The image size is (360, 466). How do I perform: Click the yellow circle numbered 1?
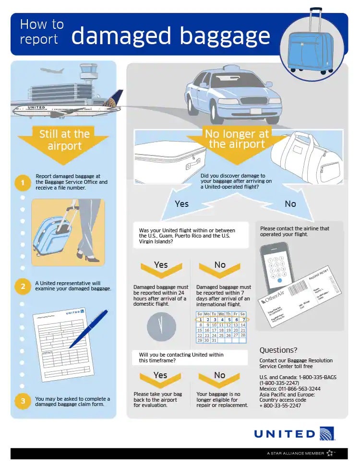click(x=22, y=183)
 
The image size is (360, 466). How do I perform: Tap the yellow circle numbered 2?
click(x=22, y=287)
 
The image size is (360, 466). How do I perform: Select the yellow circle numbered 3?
click(x=22, y=402)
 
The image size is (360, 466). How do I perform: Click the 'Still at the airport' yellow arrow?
click(x=64, y=140)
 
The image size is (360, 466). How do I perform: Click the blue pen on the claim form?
click(x=89, y=328)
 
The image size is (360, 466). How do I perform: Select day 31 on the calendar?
click(x=214, y=340)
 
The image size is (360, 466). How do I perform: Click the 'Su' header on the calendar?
click(x=200, y=314)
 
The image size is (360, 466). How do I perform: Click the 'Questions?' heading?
click(x=278, y=350)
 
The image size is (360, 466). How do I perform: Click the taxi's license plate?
click(x=256, y=111)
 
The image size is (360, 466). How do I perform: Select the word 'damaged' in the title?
click(x=127, y=35)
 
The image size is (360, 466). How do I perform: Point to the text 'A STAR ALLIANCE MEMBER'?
click(x=295, y=453)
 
